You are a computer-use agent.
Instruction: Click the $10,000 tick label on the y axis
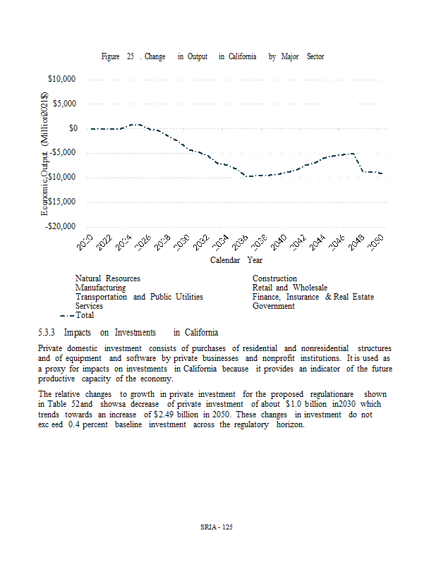[x=63, y=79]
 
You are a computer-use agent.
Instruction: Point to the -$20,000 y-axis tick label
[x=61, y=226]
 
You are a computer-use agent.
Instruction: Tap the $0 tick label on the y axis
[x=73, y=128]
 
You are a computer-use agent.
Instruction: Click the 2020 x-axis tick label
[x=85, y=244]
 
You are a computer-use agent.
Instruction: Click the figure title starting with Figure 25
[x=212, y=56]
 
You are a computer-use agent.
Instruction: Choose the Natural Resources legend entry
[x=107, y=279]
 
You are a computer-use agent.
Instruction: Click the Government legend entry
[x=273, y=307]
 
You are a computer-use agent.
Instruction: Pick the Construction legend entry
[x=274, y=279]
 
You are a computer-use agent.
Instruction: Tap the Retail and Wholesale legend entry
[x=289, y=288]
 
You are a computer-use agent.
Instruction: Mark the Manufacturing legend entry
[x=100, y=288]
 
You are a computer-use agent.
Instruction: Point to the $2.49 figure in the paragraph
[x=165, y=416]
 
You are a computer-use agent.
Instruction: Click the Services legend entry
[x=89, y=307]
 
